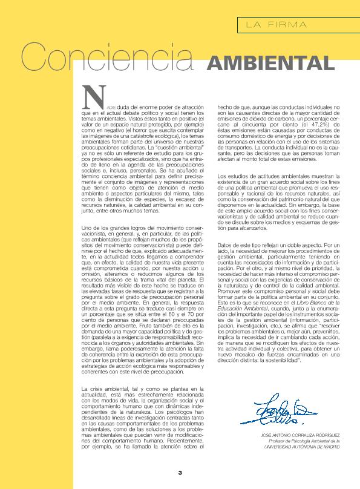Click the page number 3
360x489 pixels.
pyautogui.click(x=180, y=473)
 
